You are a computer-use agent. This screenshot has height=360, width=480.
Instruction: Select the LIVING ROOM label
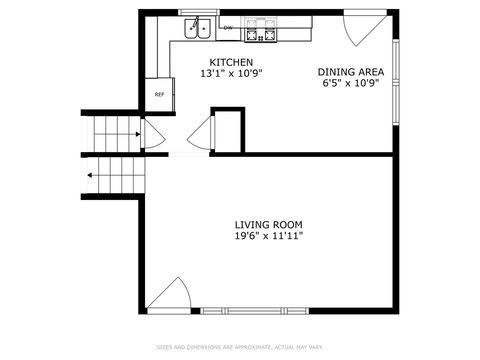tap(268, 224)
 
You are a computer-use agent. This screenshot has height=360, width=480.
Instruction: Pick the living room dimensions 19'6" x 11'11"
tap(268, 236)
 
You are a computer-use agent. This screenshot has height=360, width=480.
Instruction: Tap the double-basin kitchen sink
tap(195, 29)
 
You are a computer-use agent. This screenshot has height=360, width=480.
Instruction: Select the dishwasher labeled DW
tap(229, 28)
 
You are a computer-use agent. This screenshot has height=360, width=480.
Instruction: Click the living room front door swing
tap(172, 297)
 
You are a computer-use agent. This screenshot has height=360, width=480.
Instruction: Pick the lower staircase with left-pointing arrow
tap(112, 176)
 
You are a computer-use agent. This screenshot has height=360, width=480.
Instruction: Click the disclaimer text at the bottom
tap(240, 348)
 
